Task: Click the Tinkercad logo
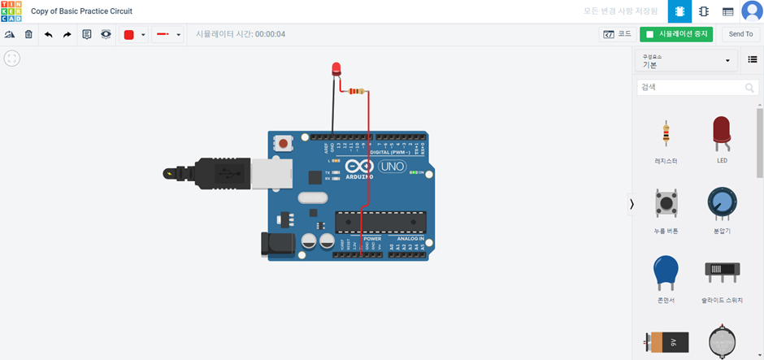pyautogui.click(x=11, y=11)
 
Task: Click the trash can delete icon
pyautogui.click(x=28, y=35)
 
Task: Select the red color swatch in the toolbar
pyautogui.click(x=128, y=35)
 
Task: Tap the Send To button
pyautogui.click(x=740, y=34)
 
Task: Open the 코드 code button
pyautogui.click(x=617, y=34)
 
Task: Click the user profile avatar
pyautogui.click(x=752, y=11)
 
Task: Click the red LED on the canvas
pyautogui.click(x=336, y=68)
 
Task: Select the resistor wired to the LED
pyautogui.click(x=356, y=92)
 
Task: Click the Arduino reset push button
pyautogui.click(x=284, y=143)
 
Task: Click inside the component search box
pyautogui.click(x=691, y=87)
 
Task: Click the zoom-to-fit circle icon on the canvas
pyautogui.click(x=12, y=58)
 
